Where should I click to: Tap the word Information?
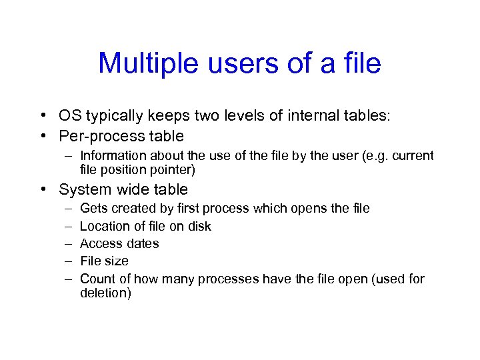[117, 156]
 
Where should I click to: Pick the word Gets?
[93, 209]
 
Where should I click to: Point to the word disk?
[198, 226]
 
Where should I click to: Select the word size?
[117, 261]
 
